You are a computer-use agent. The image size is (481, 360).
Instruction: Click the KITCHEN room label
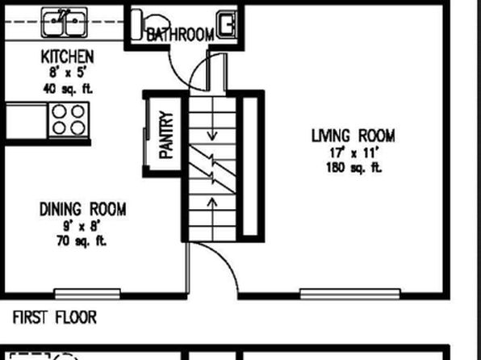(68, 57)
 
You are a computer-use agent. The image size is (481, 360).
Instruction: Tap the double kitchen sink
(65, 23)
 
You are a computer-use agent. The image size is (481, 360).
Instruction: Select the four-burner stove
(69, 120)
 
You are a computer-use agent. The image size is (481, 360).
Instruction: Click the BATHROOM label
(180, 34)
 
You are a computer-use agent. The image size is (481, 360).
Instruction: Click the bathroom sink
(227, 24)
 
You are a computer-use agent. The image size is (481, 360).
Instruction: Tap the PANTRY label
(166, 135)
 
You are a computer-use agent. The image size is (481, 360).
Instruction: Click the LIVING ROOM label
(353, 136)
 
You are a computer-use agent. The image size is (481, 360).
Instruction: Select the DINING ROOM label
(83, 209)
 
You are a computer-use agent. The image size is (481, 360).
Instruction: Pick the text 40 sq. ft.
(68, 90)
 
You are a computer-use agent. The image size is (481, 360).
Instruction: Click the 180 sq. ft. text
(353, 168)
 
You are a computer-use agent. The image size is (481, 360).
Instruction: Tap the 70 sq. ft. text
(82, 241)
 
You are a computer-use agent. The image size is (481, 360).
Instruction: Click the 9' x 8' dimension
(82, 227)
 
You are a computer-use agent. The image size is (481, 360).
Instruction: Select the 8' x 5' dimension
(67, 73)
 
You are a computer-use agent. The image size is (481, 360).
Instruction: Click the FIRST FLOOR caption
(55, 317)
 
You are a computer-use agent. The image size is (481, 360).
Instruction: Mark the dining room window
(87, 294)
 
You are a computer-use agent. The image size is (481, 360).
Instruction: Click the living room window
(350, 294)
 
